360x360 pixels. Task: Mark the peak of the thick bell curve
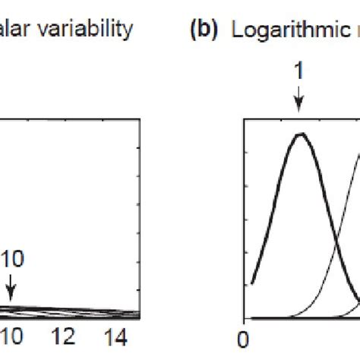pos(302,134)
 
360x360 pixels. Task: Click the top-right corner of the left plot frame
pos(141,120)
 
